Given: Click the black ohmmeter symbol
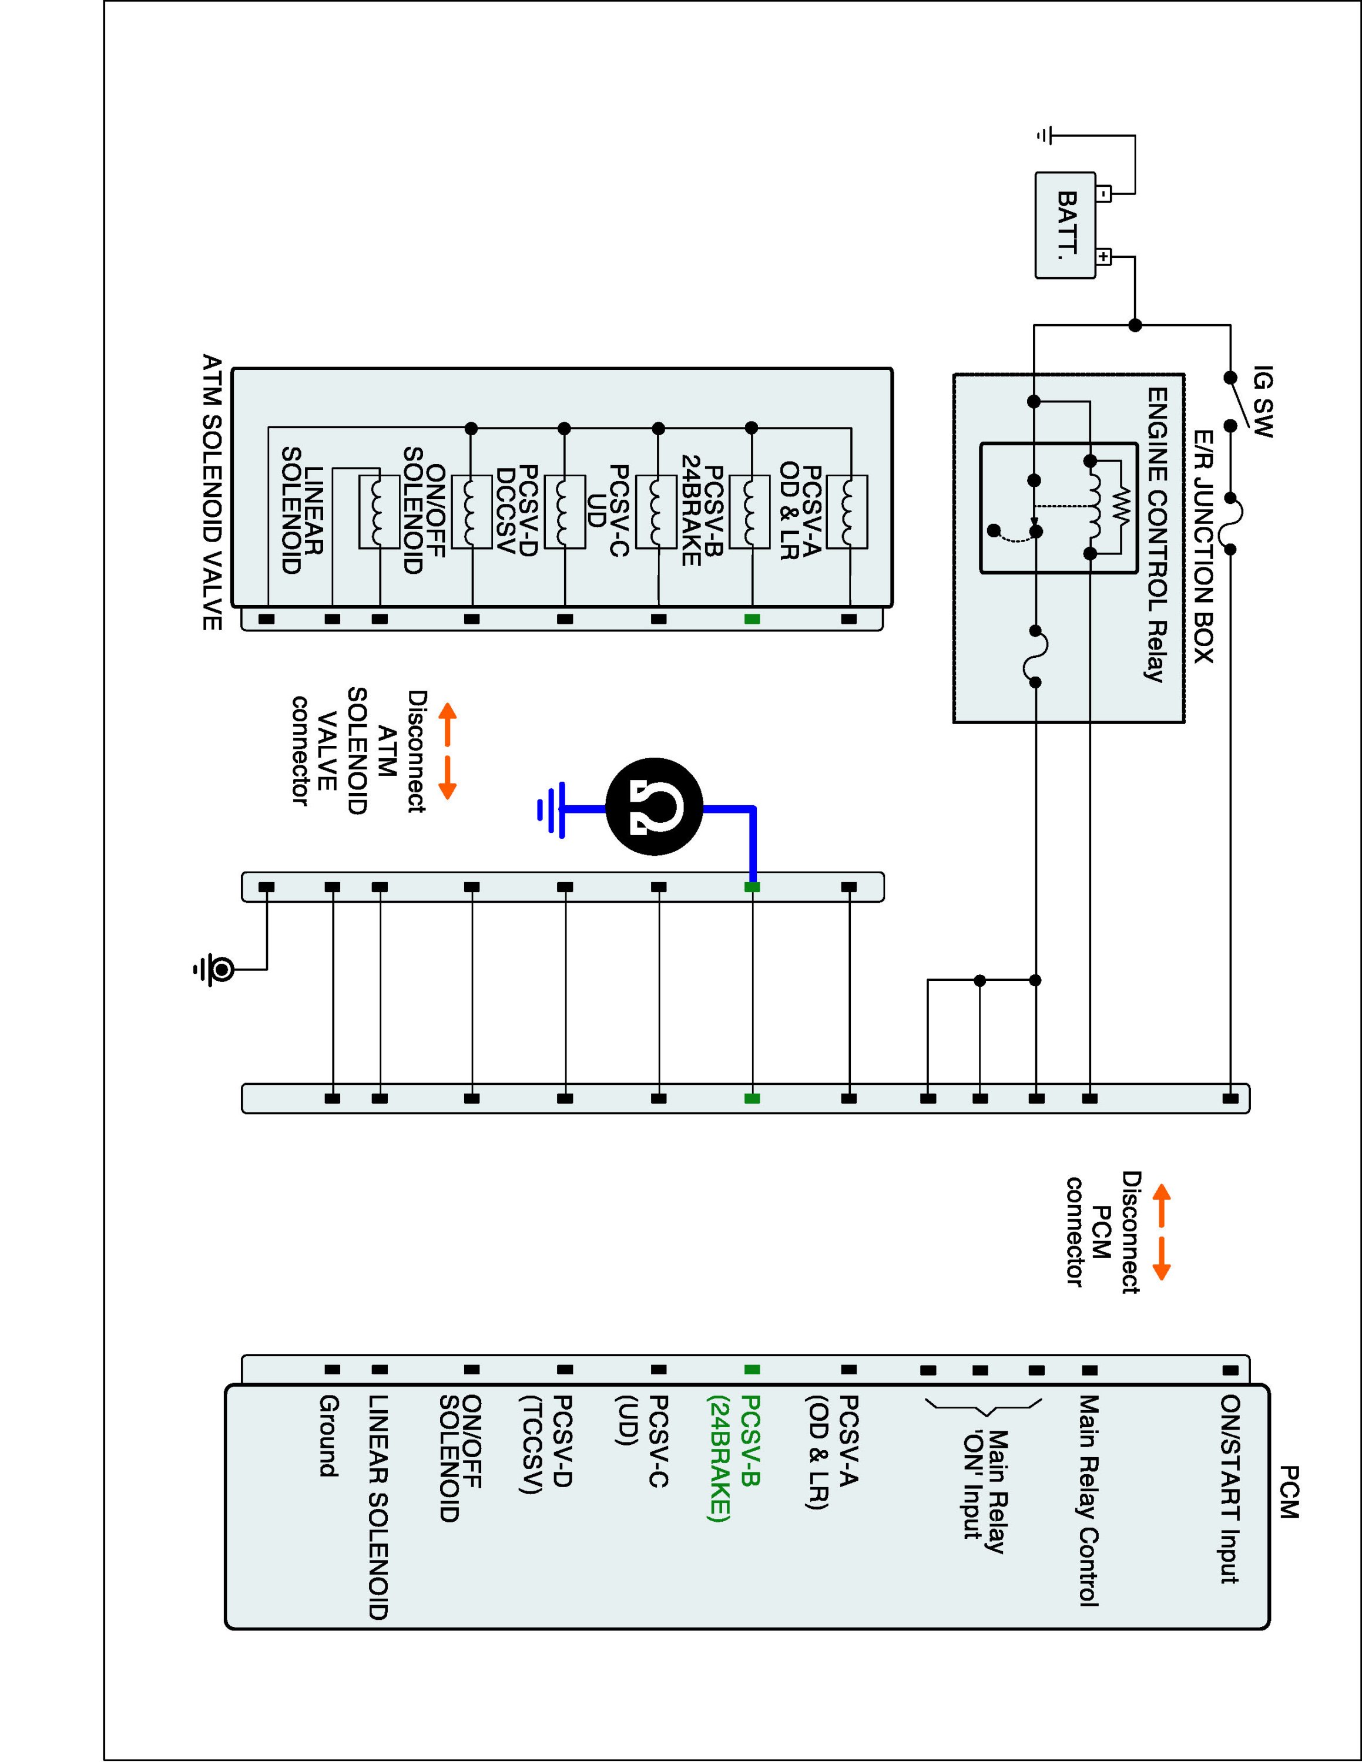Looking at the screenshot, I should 655,807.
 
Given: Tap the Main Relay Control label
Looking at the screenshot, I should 1089,1501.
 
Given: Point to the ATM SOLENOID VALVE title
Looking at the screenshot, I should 212,492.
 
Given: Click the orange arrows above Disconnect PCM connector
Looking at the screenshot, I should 1161,1232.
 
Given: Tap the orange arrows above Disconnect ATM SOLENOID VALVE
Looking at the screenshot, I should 447,750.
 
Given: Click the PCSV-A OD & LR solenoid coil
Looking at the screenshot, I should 848,512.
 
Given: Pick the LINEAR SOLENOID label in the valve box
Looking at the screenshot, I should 303,510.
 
